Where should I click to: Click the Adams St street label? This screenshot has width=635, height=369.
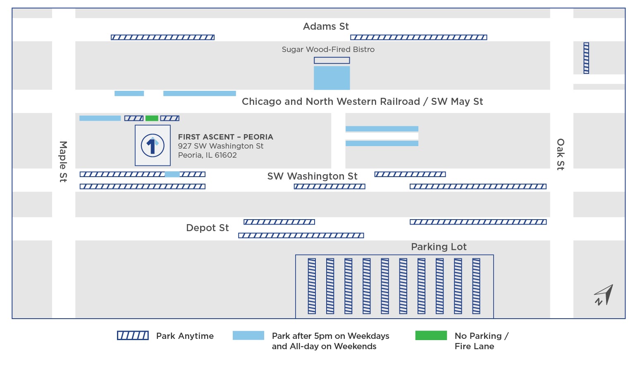coord(326,26)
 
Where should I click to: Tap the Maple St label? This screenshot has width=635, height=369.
coord(63,161)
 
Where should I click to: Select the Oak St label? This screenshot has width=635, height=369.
coord(561,154)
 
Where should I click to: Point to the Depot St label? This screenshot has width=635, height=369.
coord(207,228)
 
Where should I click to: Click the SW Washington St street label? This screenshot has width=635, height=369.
coord(312,176)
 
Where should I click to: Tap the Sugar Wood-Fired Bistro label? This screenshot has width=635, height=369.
coord(328,50)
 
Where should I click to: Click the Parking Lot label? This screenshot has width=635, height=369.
coord(439,247)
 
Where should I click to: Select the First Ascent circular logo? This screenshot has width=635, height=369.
coord(153,145)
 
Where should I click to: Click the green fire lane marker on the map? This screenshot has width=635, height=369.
coord(152,118)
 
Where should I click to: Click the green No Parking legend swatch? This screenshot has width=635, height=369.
coord(431,336)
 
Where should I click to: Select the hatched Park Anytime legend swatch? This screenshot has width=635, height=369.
coord(133,336)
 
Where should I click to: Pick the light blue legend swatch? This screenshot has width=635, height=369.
coord(248,336)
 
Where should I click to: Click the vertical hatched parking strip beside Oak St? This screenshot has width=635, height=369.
coord(586,58)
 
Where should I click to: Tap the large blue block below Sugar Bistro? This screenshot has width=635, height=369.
coord(332,78)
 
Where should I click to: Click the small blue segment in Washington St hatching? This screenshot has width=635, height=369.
coord(172,174)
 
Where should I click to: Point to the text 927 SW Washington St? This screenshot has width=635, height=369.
coord(220,146)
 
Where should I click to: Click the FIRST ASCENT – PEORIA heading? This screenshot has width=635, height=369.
coord(225,137)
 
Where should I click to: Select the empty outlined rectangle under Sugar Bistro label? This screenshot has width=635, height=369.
coord(332,61)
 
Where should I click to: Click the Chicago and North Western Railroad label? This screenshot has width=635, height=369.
coord(362,102)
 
